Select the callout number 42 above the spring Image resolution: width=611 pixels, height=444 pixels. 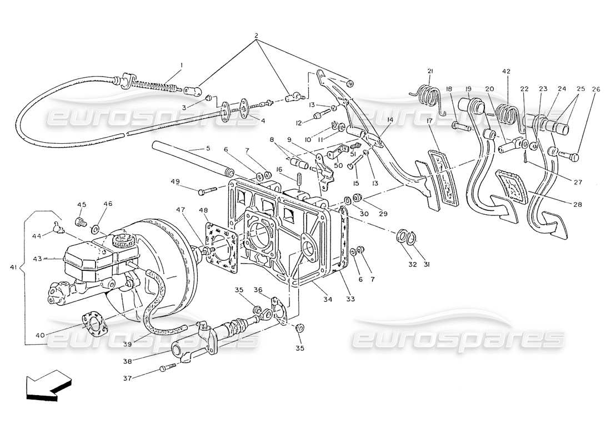(505, 72)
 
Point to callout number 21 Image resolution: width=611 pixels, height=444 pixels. (430, 70)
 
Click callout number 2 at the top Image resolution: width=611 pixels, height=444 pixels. (256, 36)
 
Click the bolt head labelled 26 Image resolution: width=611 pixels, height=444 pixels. (574, 157)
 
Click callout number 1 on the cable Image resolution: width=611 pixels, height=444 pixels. (181, 65)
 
